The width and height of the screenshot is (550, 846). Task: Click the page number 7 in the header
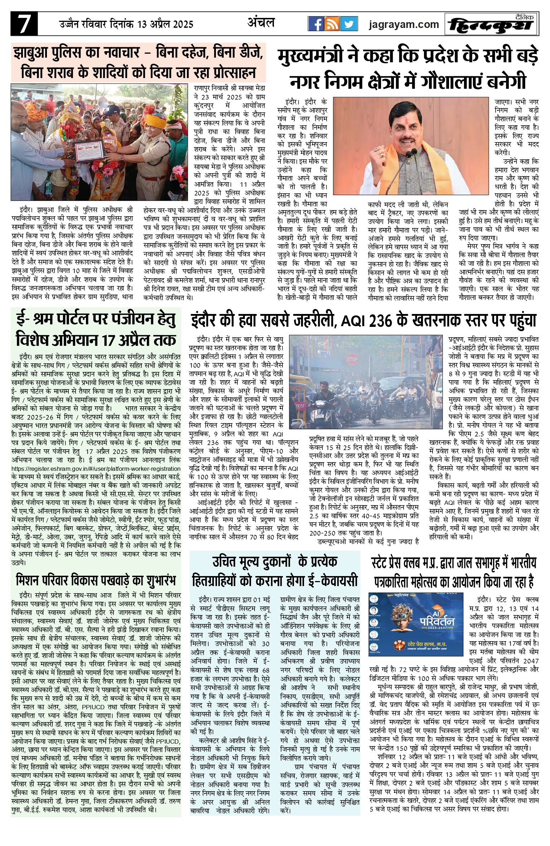pos(24,24)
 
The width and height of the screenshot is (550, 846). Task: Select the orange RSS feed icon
pos(333,24)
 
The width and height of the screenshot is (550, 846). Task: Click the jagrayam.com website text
pos(404,24)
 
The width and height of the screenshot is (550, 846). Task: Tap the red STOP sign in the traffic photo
pos(352,358)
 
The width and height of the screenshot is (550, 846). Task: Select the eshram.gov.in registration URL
pos(96,469)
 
